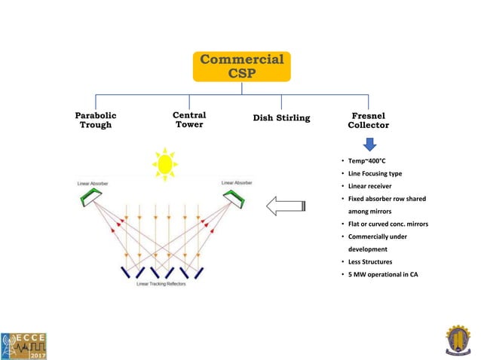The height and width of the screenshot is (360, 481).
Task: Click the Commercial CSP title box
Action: pyautogui.click(x=240, y=66)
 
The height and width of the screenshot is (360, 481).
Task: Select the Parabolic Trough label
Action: pyautogui.click(x=96, y=120)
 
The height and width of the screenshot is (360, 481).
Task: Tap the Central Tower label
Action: pyautogui.click(x=189, y=120)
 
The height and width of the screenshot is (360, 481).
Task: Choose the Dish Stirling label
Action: pyautogui.click(x=281, y=117)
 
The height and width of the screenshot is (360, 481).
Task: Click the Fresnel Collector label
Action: pyautogui.click(x=368, y=121)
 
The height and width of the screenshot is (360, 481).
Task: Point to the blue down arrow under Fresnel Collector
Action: pyautogui.click(x=368, y=142)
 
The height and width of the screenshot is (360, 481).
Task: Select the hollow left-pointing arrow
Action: pyautogui.click(x=286, y=205)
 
